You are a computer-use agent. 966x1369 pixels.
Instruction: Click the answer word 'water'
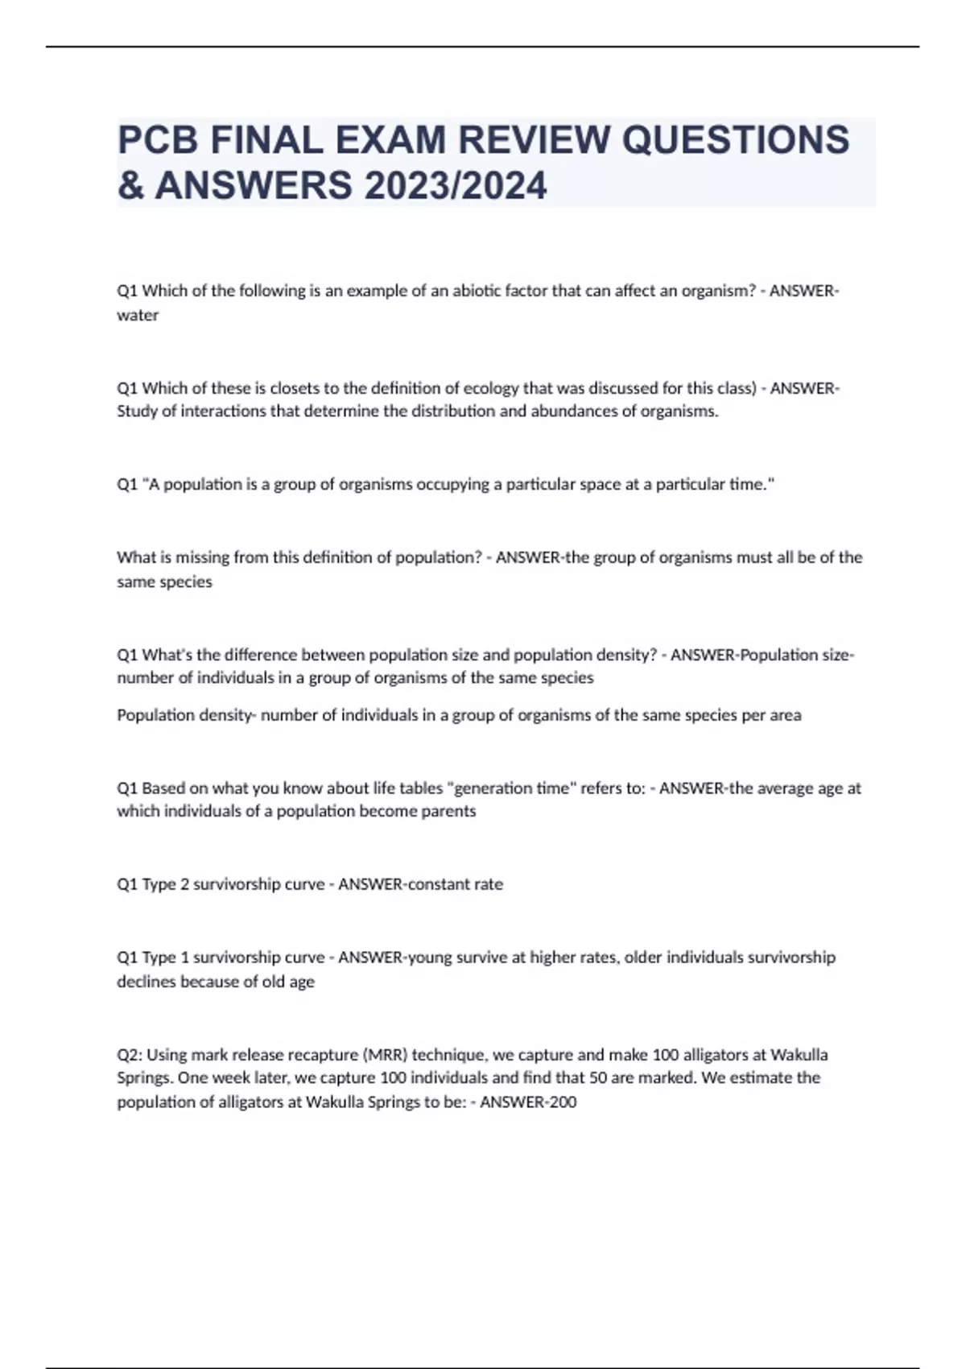click(x=138, y=316)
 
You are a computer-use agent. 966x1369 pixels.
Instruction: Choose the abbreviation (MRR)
click(x=384, y=1055)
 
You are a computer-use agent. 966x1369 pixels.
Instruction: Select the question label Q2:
click(x=130, y=1055)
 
